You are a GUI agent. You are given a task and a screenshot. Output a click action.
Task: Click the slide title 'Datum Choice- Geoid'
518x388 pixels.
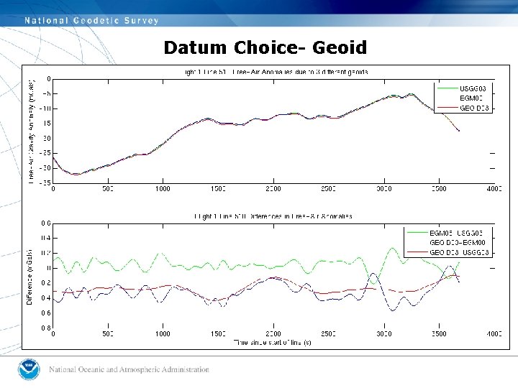coord(265,48)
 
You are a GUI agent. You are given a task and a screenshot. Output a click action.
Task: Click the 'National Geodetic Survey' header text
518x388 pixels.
coord(91,21)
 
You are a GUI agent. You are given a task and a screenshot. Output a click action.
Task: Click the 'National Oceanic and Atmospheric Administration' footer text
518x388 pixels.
coord(129,370)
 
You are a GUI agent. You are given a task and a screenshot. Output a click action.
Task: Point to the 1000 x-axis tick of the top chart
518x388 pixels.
coord(163,189)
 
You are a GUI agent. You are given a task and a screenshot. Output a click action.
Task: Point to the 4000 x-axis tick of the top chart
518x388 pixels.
coord(494,189)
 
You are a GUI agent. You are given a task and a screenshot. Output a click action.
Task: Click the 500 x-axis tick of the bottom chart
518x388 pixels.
coord(108,334)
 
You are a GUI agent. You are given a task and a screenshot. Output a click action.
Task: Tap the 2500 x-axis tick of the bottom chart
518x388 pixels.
coord(328,334)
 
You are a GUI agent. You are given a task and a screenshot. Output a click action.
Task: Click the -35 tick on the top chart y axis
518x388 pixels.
coord(45,183)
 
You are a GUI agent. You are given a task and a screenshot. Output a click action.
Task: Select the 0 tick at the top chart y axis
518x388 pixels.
coord(48,78)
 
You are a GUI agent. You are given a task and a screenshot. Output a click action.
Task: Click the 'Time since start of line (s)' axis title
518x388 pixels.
coord(273,343)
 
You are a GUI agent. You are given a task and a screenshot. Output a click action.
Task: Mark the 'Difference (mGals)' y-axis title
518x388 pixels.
coord(30,276)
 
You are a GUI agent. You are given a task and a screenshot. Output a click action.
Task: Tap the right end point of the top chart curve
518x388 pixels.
coord(459,130)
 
